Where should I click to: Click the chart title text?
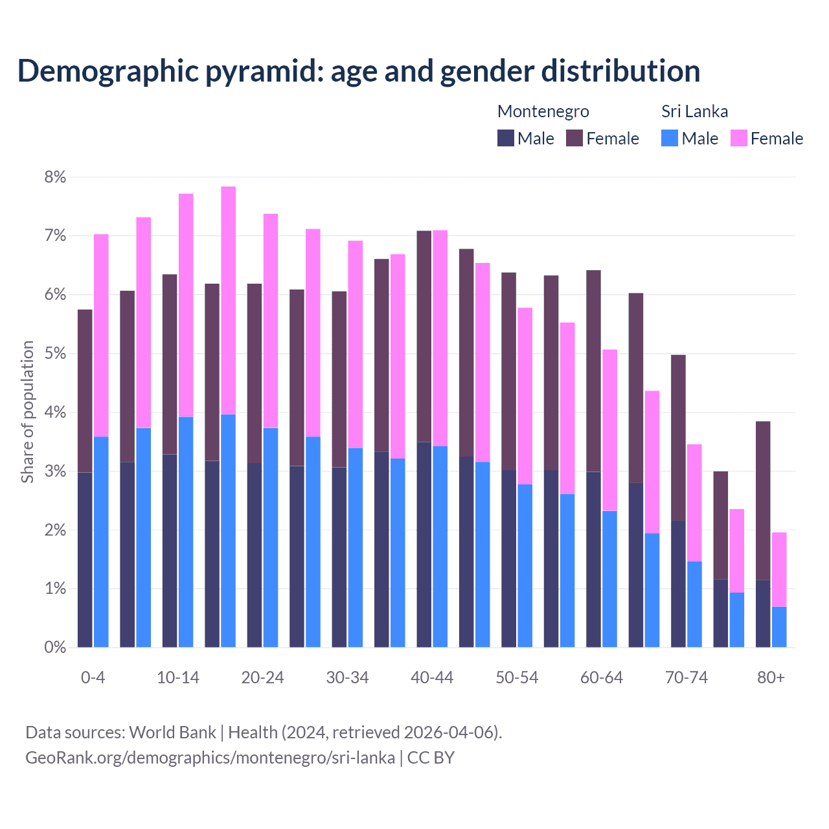(x=359, y=71)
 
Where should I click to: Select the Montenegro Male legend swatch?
(x=505, y=138)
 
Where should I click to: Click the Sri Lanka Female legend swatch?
(x=738, y=138)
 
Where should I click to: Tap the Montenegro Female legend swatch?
(x=574, y=138)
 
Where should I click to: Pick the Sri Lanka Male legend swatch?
(x=670, y=138)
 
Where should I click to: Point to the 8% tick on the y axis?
(x=55, y=177)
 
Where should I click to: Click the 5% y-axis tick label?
(x=55, y=354)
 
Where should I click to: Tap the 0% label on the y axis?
(x=55, y=648)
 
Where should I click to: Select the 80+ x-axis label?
(x=771, y=678)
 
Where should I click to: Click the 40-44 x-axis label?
(x=432, y=678)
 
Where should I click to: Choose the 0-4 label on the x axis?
(x=93, y=678)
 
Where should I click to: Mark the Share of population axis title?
(x=27, y=412)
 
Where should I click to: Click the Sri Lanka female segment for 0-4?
(x=101, y=335)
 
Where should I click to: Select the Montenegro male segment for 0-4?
(x=85, y=560)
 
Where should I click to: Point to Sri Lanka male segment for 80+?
(x=779, y=627)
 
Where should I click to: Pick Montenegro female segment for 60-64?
(x=593, y=371)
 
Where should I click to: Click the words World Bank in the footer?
(x=172, y=732)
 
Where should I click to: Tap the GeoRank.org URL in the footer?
(x=210, y=758)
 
